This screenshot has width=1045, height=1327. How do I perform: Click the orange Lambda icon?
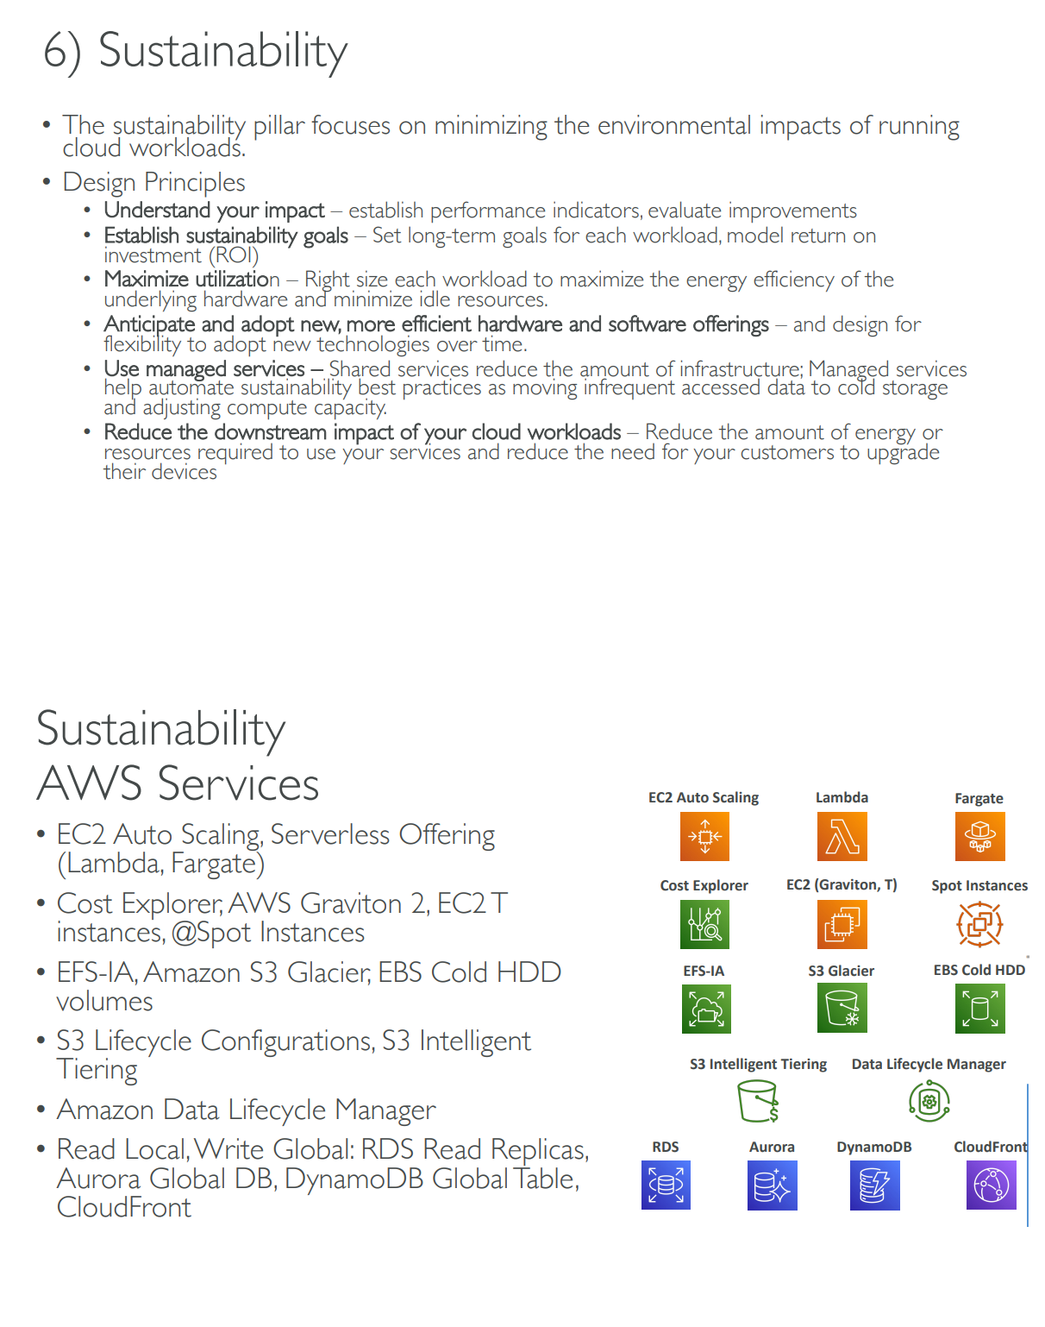point(842,836)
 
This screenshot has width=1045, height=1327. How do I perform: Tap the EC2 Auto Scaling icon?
point(704,836)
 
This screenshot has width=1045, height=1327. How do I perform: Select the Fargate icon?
point(979,836)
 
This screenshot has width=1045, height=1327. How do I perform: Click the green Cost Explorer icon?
point(704,924)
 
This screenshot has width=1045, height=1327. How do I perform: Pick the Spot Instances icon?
point(979,924)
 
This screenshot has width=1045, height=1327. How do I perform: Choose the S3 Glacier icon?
point(842,1008)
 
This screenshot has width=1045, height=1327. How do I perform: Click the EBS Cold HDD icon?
point(980,1008)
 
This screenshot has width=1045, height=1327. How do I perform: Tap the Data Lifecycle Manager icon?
point(929,1101)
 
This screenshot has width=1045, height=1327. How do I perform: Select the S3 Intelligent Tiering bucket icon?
point(758,1101)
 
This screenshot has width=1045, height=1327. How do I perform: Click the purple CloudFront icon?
point(992,1185)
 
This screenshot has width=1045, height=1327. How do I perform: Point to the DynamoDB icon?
point(874,1185)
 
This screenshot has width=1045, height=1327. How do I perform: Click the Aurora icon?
point(772,1185)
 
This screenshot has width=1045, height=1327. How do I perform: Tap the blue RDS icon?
point(666,1185)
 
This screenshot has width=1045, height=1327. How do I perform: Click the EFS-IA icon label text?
point(704,971)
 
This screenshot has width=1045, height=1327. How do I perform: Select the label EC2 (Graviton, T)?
point(842,884)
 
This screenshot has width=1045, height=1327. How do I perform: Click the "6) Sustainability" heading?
point(196,51)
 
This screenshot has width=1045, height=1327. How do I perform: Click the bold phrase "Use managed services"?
point(204,369)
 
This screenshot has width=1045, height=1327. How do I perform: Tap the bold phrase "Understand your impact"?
point(214,211)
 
